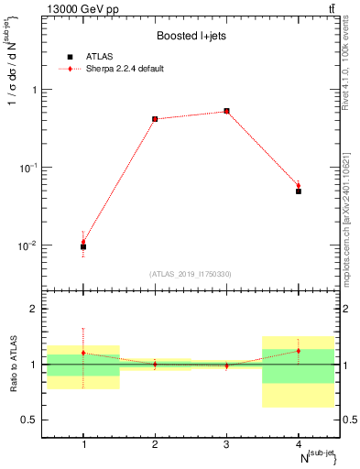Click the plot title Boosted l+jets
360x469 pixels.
pyautogui.click(x=191, y=37)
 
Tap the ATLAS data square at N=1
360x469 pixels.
pyautogui.click(x=83, y=246)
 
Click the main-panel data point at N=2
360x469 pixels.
pyautogui.click(x=155, y=119)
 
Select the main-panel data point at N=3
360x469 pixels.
pyautogui.click(x=226, y=111)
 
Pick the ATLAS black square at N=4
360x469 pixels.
pyautogui.click(x=299, y=191)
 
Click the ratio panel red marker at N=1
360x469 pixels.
pyautogui.click(x=83, y=353)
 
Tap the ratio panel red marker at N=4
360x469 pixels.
pyautogui.click(x=299, y=351)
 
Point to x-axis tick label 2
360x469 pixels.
pyautogui.click(x=155, y=444)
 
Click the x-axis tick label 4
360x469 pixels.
pyautogui.click(x=299, y=444)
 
